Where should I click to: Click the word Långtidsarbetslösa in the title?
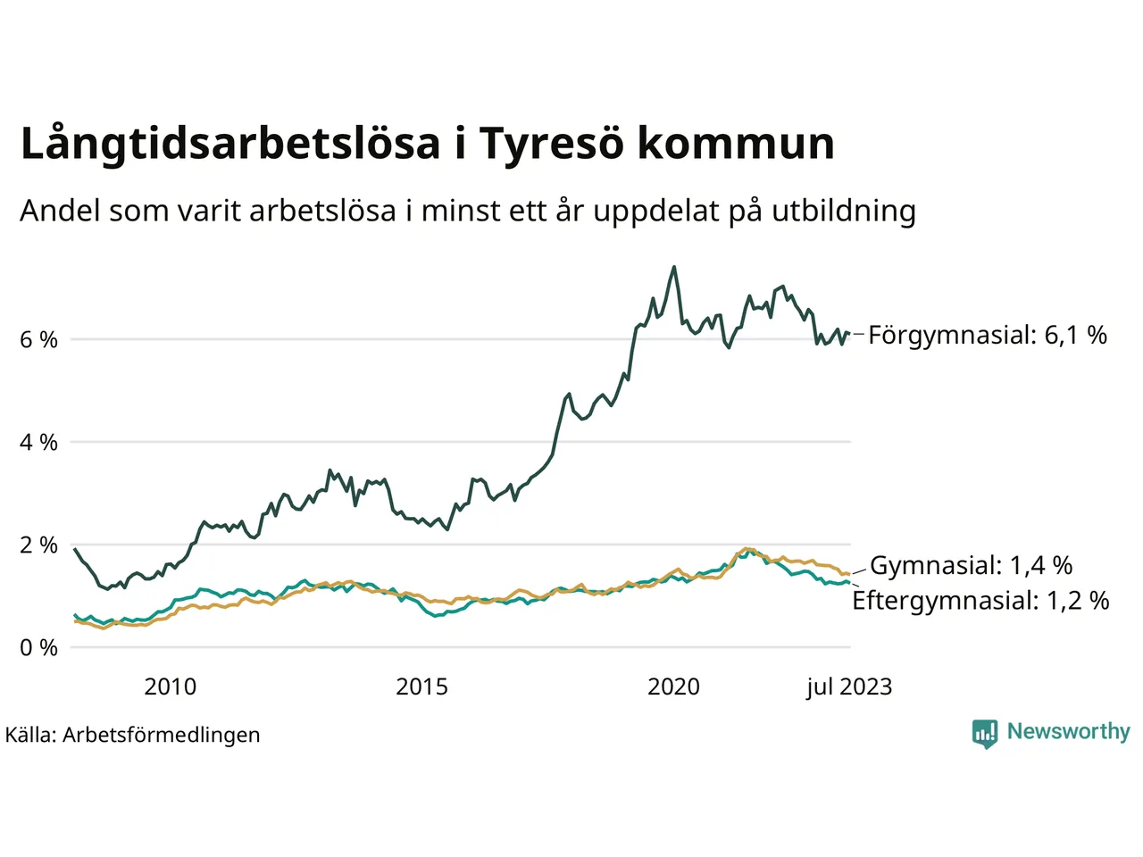230,145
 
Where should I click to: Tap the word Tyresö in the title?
551,145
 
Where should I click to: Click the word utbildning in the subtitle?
844,212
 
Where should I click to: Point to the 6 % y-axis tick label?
38,340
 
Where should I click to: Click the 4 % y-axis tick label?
38,443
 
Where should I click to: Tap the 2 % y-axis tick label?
38,545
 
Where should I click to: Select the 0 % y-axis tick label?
38,648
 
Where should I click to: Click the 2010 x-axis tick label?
170,686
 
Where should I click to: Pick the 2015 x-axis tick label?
421,686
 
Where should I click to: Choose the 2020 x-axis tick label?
673,686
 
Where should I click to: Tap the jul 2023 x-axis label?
848,686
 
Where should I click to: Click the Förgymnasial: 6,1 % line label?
987,336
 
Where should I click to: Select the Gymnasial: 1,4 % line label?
971,565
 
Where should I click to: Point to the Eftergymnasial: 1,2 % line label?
980,601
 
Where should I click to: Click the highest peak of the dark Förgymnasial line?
673,267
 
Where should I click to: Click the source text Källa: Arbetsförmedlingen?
133,735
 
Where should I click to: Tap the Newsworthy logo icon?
984,734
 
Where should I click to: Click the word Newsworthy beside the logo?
1068,732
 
